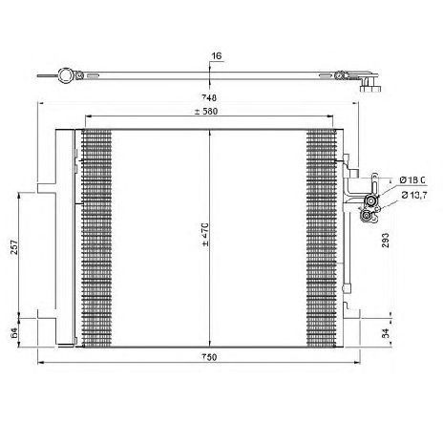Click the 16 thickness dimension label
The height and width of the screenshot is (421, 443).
click(217, 56)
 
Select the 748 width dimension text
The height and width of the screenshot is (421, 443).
click(209, 97)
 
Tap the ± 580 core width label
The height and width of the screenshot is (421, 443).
click(206, 112)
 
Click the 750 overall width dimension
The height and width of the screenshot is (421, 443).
click(209, 357)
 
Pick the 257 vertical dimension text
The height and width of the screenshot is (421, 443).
click(14, 246)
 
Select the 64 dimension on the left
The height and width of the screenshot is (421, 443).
click(14, 333)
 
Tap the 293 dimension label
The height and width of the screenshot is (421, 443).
click(385, 241)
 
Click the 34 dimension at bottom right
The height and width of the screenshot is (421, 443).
click(385, 333)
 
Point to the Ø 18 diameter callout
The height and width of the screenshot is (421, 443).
click(412, 180)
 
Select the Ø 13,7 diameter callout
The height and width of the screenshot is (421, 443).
click(414, 195)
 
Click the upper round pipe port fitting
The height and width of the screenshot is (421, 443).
click(370, 201)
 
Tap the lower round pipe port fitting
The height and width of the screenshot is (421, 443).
click(366, 217)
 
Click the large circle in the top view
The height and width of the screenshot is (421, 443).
click(66, 75)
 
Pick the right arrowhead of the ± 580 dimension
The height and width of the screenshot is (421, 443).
click(330, 116)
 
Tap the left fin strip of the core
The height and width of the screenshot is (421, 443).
click(96, 238)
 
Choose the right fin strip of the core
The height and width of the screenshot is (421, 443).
click(322, 238)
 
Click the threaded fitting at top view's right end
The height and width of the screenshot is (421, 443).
click(370, 84)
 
